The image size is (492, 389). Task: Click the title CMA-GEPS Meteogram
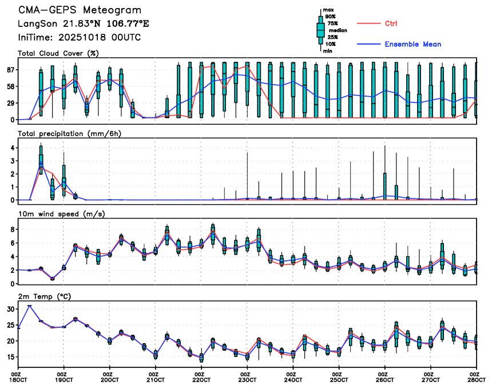(80, 11)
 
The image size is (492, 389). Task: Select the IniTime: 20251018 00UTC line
(80, 37)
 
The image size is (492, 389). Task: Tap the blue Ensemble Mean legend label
(412, 44)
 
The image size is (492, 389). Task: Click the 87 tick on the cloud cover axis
(10, 70)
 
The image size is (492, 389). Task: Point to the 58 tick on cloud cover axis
(10, 86)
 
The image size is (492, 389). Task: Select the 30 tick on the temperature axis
(10, 309)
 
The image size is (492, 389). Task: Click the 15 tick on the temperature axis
(10, 357)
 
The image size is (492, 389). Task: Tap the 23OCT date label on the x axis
(247, 379)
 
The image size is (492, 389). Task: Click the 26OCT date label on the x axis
(384, 379)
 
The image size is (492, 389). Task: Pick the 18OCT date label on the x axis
(18, 379)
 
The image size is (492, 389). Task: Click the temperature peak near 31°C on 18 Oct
(30, 306)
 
